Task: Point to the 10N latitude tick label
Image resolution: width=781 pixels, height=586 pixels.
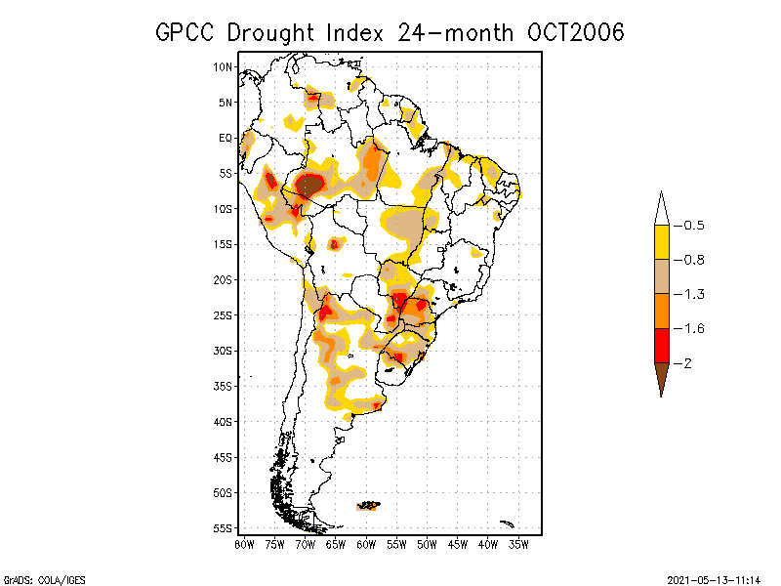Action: click(x=224, y=66)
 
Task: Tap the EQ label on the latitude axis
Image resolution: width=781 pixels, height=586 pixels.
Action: click(x=226, y=138)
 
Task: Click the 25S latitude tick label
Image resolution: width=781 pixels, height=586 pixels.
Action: click(x=224, y=314)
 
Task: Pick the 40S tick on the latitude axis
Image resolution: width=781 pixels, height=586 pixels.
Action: click(x=224, y=421)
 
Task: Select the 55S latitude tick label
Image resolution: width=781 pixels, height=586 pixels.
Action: click(x=224, y=527)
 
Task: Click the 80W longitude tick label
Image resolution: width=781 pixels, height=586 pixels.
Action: click(x=244, y=543)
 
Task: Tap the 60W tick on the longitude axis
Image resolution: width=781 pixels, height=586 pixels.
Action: click(x=366, y=543)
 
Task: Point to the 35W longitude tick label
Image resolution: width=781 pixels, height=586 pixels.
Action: click(x=518, y=543)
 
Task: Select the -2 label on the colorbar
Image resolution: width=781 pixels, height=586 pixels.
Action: click(x=686, y=363)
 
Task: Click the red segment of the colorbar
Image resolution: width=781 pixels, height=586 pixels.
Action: click(x=661, y=346)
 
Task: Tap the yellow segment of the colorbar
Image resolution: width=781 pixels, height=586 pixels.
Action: click(x=661, y=242)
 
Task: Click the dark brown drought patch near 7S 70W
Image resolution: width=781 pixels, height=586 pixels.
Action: click(x=308, y=184)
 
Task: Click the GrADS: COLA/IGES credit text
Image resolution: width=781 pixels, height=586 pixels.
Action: click(x=33, y=578)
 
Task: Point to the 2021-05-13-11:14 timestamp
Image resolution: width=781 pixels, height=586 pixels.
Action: click(x=713, y=578)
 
